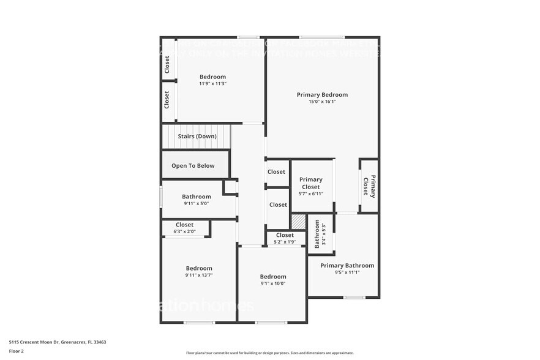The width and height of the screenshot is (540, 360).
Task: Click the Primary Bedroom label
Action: tap(322, 95)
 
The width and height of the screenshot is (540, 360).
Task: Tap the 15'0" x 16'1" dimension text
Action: tap(322, 102)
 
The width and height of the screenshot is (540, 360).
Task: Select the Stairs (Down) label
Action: tap(197, 136)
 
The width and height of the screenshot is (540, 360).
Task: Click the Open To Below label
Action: tap(193, 165)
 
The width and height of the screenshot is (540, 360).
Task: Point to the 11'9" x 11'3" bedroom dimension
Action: tap(212, 84)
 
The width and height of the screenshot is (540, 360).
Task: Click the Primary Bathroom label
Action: tap(347, 265)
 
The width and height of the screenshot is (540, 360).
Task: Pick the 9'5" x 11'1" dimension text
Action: tap(347, 272)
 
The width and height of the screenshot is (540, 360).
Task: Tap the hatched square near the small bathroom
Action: tap(298, 222)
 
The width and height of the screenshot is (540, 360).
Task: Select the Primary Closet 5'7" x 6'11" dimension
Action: tap(310, 193)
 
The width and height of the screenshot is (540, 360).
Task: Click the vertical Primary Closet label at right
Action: tap(369, 186)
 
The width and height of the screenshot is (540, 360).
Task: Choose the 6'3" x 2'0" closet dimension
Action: tap(185, 231)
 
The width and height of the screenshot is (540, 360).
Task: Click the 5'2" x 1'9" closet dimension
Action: tap(285, 242)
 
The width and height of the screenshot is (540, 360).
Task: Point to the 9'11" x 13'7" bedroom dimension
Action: tap(199, 275)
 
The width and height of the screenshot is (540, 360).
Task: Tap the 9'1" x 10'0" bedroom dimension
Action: tap(272, 283)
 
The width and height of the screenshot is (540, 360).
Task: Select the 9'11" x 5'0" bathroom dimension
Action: tap(197, 203)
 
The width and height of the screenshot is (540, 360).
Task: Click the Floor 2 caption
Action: tap(17, 351)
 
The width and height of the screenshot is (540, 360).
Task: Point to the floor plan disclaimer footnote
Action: tap(269, 353)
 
